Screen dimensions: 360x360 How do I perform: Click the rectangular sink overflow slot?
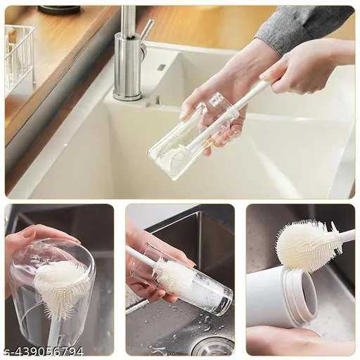[x=161, y=67]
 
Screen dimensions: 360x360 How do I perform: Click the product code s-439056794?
[x=42, y=352]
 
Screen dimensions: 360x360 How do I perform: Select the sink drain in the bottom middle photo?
[x=212, y=347]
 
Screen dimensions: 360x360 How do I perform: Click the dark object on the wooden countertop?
[x=60, y=10]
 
